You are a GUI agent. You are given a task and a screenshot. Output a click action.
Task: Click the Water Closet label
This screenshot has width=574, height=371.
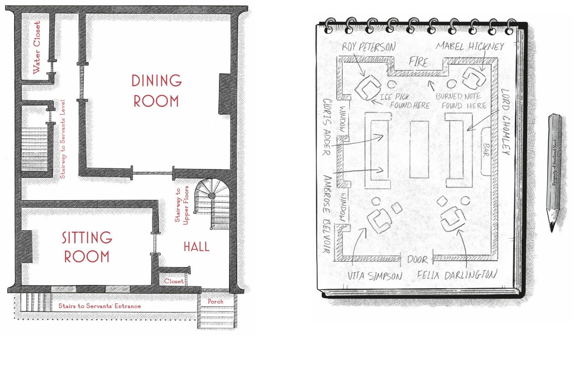(37, 48)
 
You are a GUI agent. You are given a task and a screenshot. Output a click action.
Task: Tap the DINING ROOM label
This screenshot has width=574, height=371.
(157, 91)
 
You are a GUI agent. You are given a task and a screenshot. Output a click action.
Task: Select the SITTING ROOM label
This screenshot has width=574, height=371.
(87, 247)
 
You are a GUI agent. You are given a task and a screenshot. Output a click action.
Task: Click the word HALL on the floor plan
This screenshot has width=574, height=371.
(197, 247)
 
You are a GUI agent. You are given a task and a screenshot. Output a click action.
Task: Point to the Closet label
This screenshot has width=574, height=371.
(174, 281)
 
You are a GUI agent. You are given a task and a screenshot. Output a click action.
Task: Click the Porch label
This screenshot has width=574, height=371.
(215, 301)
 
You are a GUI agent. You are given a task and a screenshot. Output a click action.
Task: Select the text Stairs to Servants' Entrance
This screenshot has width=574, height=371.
(99, 305)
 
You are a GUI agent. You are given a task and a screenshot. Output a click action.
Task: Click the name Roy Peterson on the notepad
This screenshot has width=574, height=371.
(369, 46)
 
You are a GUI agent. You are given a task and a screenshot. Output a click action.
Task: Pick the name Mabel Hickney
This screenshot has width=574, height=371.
(470, 46)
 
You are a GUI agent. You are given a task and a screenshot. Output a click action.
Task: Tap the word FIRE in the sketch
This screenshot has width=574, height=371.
(418, 62)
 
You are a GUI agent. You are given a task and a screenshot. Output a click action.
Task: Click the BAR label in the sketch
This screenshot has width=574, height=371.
(486, 150)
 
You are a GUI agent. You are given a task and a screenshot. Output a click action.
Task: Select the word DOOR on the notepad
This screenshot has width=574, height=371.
(417, 260)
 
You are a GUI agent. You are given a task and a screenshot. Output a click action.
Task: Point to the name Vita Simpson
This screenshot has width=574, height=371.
(375, 276)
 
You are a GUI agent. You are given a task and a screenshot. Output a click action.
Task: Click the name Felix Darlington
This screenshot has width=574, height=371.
(457, 275)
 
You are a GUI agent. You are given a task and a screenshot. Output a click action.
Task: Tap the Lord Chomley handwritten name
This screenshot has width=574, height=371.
(505, 122)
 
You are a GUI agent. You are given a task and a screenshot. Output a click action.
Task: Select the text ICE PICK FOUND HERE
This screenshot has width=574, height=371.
(405, 101)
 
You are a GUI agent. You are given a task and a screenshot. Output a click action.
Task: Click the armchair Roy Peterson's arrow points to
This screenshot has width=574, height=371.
(368, 87)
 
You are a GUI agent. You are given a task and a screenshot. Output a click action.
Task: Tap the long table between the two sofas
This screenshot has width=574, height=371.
(419, 150)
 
